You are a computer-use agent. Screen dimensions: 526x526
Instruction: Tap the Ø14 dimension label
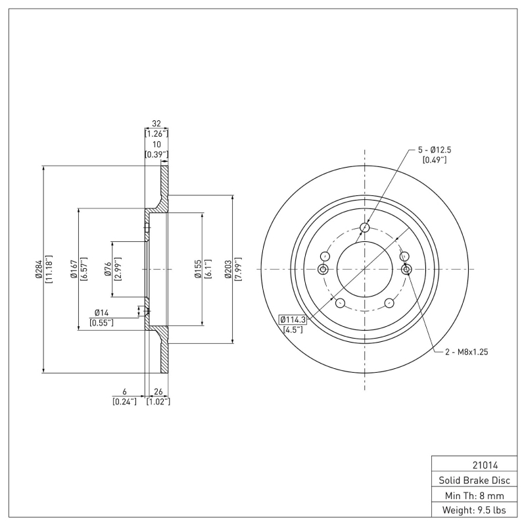pos(101,312)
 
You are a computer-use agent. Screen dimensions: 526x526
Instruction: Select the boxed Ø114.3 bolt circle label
pos(292,320)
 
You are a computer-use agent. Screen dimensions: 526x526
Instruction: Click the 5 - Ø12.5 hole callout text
pos(434,150)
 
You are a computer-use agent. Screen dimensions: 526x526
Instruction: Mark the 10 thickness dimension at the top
pos(156,145)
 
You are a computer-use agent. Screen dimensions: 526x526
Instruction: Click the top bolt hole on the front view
pos(365,228)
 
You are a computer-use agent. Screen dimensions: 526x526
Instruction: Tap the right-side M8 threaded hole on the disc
pos(406,270)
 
